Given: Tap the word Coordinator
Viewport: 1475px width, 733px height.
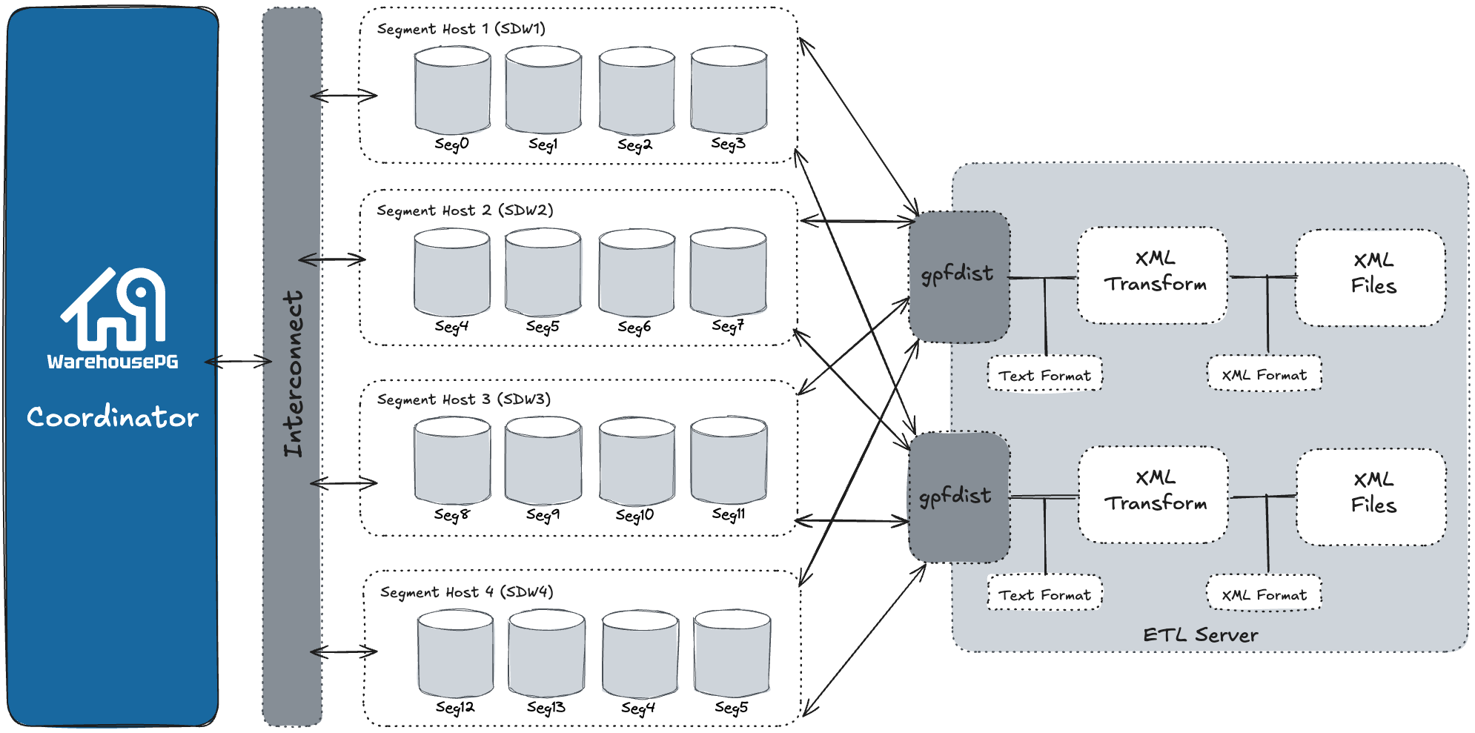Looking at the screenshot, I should point(113,417).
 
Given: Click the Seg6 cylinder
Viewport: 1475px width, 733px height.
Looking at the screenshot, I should point(637,273).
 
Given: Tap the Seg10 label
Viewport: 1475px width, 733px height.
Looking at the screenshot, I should point(635,515).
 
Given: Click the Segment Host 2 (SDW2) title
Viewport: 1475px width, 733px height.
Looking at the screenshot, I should point(465,210).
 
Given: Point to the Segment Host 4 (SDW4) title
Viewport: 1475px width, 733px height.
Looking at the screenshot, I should point(466,592).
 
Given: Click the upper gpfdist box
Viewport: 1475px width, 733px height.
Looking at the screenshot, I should point(959,276).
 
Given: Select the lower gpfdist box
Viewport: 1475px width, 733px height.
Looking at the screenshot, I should point(958,497).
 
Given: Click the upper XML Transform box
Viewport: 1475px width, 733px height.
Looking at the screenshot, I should point(1153,275).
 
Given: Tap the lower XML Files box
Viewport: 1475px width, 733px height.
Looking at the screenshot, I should point(1372,496).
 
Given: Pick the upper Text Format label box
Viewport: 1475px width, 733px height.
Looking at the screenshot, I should point(1044,375).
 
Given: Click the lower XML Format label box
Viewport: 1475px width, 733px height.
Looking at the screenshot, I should point(1264,594).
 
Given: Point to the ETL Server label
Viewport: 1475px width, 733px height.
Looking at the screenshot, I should point(1200,635).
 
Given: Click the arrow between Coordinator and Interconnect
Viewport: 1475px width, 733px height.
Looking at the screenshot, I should point(239,362).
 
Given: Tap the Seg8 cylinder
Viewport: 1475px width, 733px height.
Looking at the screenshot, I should point(452,461).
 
